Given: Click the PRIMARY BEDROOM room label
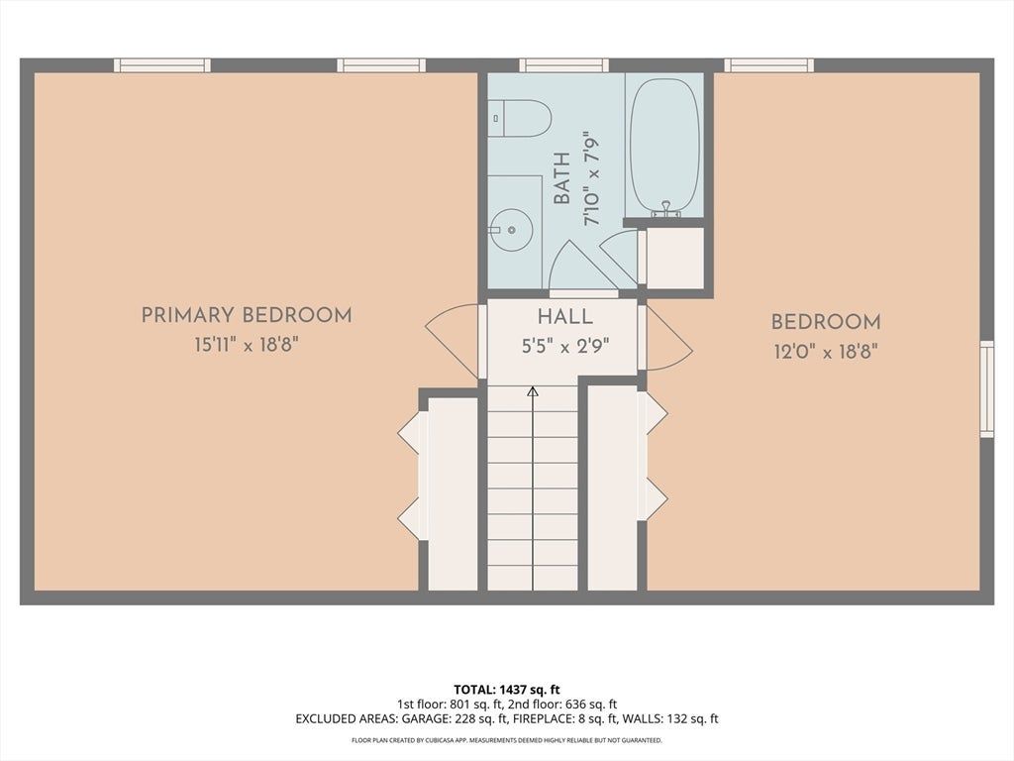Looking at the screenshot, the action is [247, 316].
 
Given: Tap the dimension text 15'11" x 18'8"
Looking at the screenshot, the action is [247, 344].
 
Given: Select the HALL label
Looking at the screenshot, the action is [565, 317].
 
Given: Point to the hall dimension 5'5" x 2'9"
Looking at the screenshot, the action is [565, 346].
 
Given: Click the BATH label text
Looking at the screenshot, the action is [562, 178].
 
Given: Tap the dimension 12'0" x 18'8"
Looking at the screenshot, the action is [826, 352].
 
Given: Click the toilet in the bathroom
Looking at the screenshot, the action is [519, 119].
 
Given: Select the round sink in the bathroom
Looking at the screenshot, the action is [511, 229].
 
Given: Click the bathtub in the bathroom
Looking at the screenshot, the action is [664, 147].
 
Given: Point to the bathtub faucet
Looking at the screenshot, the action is [665, 208].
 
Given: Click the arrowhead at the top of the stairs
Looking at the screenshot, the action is [533, 390].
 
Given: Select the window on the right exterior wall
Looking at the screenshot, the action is [987, 388].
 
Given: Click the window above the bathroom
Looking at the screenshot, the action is [563, 64].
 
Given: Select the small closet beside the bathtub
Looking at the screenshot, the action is [675, 259].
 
